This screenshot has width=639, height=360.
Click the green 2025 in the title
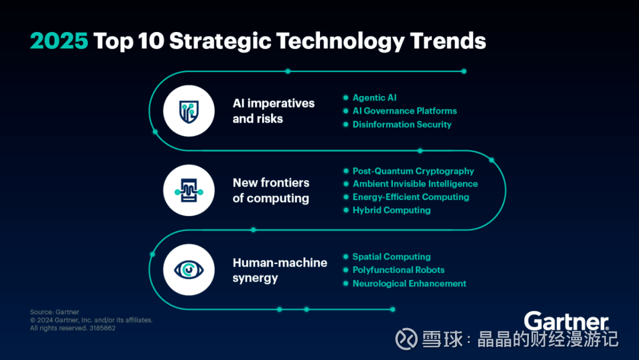[x=59, y=41]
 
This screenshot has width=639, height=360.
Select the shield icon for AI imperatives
[x=189, y=111]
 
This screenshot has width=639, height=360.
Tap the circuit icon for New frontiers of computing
[x=189, y=191]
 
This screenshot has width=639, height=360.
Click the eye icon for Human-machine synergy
[x=189, y=270]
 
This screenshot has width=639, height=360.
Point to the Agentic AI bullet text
[x=375, y=98]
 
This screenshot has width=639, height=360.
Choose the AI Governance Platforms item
[x=405, y=111]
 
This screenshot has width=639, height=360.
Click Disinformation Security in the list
[x=402, y=124]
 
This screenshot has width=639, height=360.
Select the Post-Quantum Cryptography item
[x=413, y=171]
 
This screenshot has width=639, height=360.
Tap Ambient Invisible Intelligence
[x=415, y=184]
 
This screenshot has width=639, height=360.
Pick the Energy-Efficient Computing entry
[x=411, y=197]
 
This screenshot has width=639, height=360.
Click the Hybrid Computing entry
[x=392, y=210]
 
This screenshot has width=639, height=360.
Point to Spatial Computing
[x=392, y=257]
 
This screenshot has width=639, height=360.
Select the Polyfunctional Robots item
[x=399, y=270]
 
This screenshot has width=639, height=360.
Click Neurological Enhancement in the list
[x=409, y=284]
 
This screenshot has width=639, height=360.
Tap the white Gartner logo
[x=566, y=322]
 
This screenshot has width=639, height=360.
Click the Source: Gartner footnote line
[x=54, y=312]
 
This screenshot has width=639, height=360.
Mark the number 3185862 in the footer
[x=102, y=328]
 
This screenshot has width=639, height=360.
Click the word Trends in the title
[x=448, y=41]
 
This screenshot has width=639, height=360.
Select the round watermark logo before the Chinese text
[x=406, y=339]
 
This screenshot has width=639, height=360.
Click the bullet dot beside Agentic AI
[x=346, y=98]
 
